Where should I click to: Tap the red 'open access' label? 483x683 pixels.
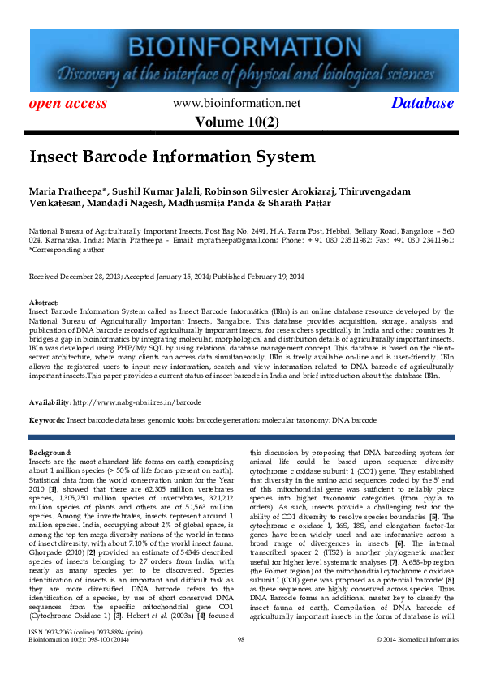68,103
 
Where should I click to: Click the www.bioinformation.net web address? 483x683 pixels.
237,103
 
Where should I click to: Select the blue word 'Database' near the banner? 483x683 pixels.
422,103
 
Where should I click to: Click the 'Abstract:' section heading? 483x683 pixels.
45,302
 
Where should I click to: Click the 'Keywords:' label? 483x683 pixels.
47,421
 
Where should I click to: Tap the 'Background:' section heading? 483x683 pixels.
50,451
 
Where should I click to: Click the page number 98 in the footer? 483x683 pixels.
241,663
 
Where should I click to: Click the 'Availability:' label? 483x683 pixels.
50,402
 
